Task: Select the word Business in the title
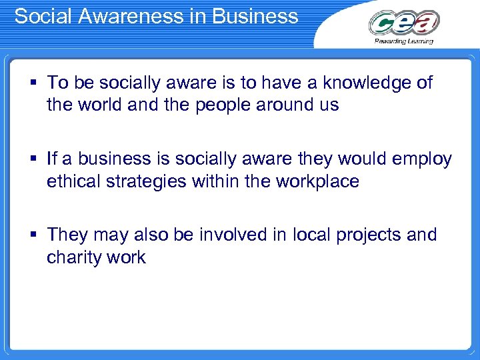[x=263, y=16]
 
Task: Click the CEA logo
[x=404, y=23]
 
